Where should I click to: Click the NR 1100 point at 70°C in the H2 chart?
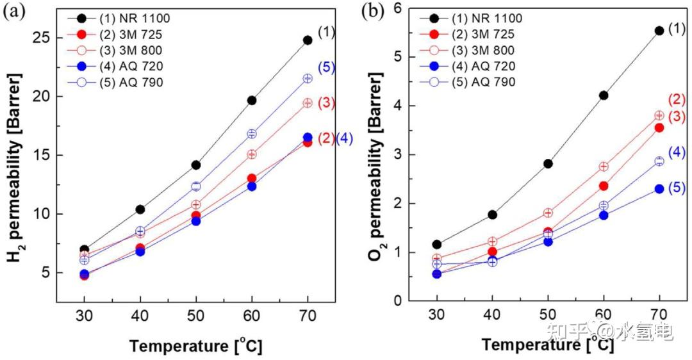point(308,40)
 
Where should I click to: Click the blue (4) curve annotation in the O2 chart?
point(677,152)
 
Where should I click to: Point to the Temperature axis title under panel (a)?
point(195,345)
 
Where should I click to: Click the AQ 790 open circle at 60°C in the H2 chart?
point(252,133)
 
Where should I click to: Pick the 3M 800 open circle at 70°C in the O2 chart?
point(659,115)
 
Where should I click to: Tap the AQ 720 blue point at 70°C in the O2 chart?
point(659,189)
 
